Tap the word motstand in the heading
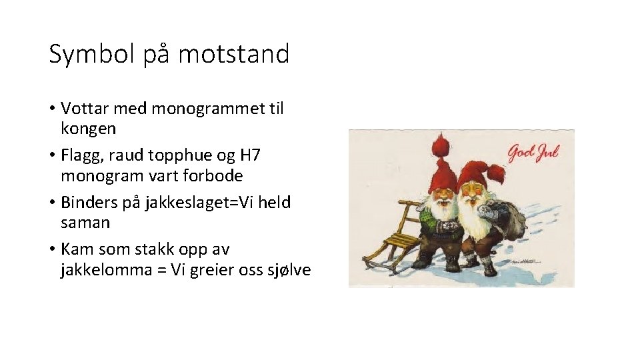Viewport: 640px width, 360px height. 233,54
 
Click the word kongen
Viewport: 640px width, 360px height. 88,127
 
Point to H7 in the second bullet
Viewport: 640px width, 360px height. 250,155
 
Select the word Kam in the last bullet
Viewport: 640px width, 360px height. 77,249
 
